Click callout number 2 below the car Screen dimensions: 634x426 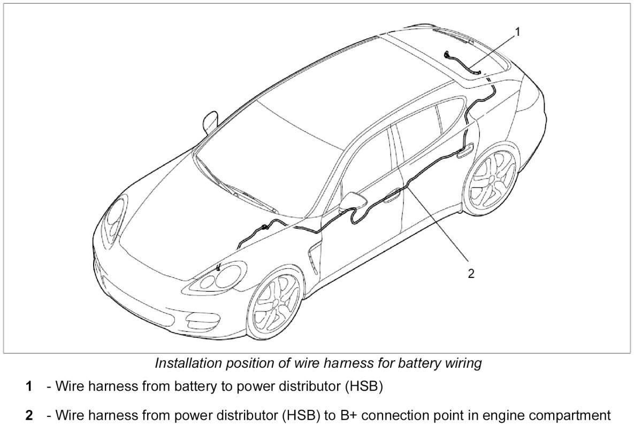pyautogui.click(x=471, y=274)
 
